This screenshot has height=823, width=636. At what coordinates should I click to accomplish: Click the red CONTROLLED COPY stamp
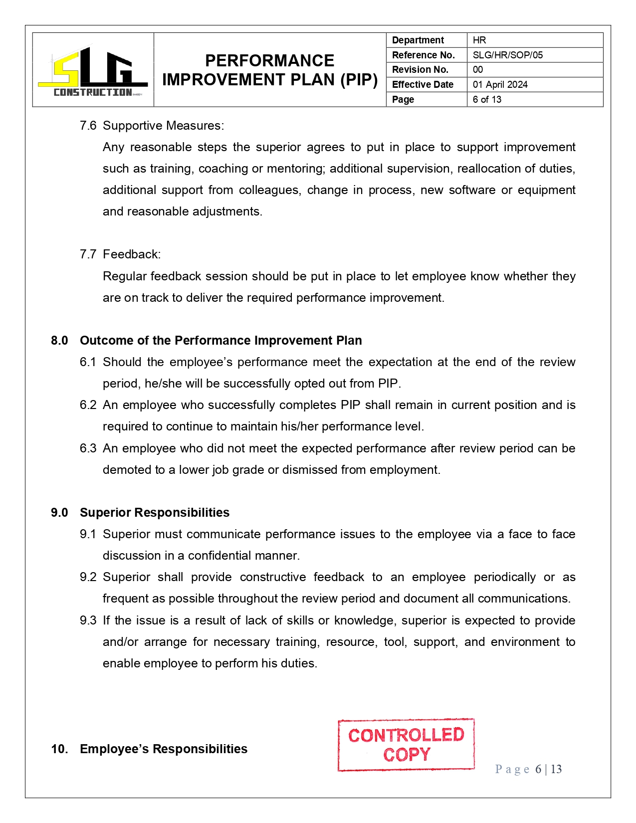click(406, 745)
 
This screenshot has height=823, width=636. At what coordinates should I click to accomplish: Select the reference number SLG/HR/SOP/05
click(507, 55)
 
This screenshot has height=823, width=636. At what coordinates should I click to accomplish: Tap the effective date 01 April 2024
click(500, 84)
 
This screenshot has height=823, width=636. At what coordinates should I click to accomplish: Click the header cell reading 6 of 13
click(487, 99)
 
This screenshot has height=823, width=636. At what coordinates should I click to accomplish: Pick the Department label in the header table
click(418, 40)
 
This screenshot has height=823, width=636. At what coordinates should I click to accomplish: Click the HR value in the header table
click(479, 40)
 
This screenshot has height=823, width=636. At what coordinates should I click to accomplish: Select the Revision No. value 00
click(477, 70)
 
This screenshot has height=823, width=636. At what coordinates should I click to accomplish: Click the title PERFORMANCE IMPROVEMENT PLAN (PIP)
click(270, 70)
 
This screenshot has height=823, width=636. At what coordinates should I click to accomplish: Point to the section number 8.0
click(59, 341)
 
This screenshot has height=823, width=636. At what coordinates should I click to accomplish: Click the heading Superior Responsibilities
click(155, 513)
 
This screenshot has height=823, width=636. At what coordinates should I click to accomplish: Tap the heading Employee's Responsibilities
click(164, 749)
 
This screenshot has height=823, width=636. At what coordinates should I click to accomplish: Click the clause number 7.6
click(88, 126)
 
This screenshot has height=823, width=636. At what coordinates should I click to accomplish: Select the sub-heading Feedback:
click(132, 254)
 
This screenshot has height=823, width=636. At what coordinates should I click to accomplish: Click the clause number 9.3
click(88, 620)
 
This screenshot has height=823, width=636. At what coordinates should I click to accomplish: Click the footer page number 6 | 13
click(548, 769)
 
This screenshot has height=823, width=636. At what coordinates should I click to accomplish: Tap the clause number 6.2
click(88, 405)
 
